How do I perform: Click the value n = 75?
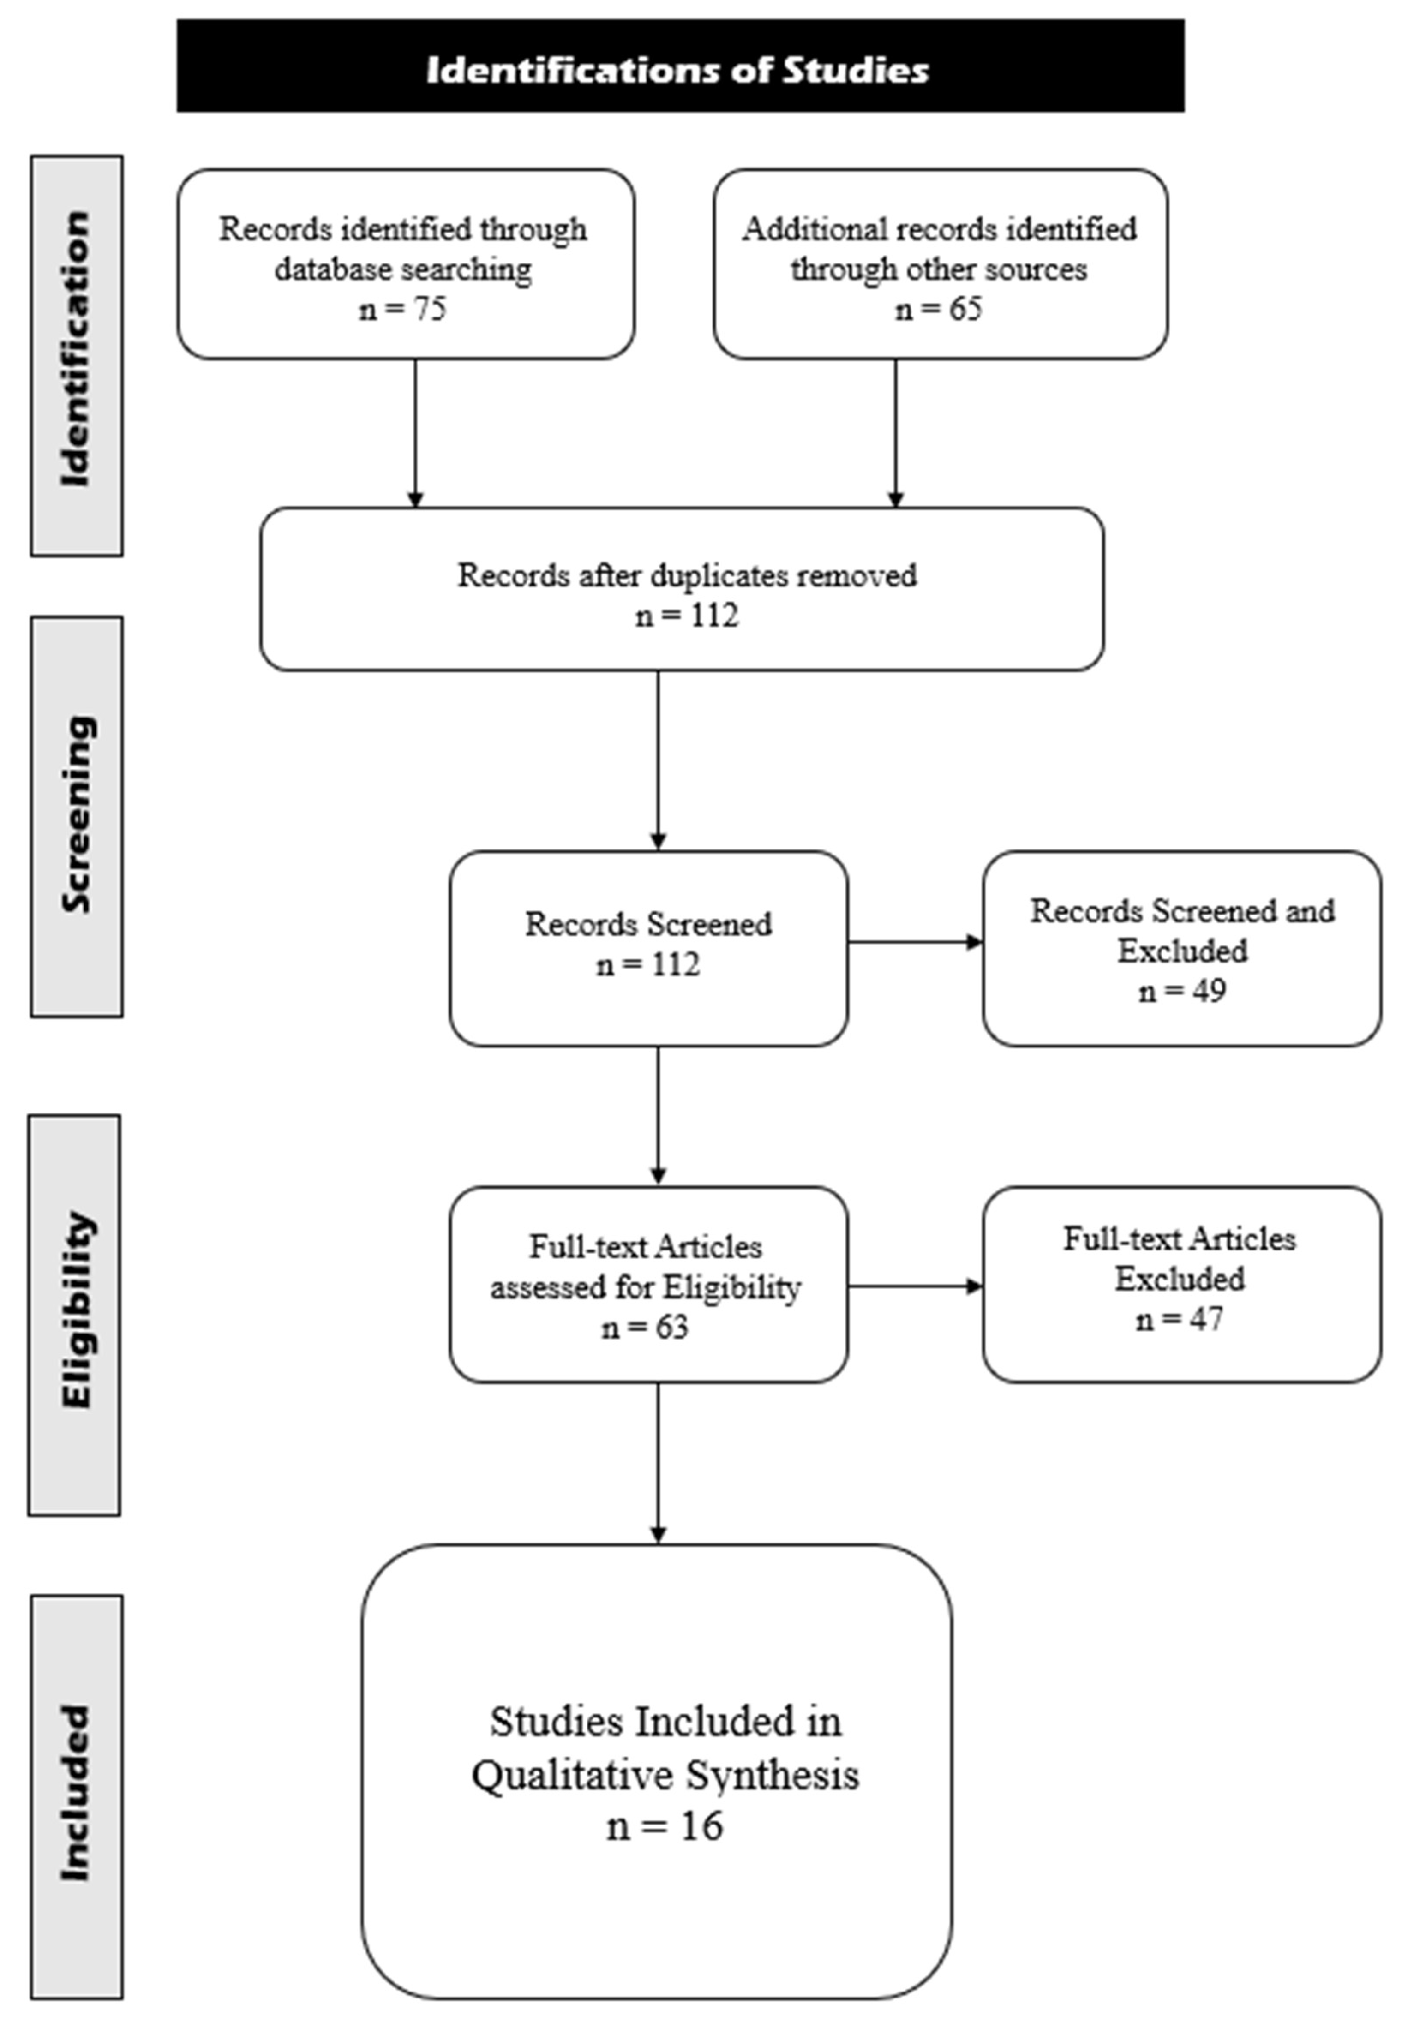[x=403, y=309]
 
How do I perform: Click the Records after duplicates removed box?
[x=682, y=588]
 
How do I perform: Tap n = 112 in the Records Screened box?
[x=648, y=964]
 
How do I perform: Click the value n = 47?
[x=1179, y=1319]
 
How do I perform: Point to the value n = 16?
[x=665, y=1826]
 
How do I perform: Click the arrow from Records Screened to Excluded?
[x=915, y=943]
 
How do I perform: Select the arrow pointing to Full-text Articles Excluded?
[x=915, y=1287]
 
